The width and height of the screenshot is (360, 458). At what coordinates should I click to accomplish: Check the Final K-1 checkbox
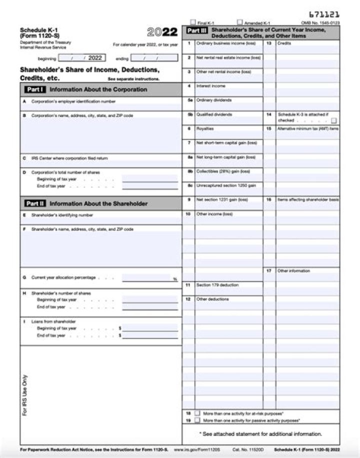tap(193, 22)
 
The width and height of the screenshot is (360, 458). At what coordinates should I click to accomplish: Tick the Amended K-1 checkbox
tap(240, 22)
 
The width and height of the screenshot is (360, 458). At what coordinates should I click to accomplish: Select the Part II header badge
tap(35, 203)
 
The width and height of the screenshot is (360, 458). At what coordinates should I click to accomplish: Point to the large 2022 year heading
tap(162, 32)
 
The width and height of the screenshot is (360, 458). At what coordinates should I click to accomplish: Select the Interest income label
tap(210, 86)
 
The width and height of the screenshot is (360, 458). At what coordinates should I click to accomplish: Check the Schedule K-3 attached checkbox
tap(333, 120)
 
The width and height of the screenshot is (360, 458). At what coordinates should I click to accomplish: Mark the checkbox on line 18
tap(197, 413)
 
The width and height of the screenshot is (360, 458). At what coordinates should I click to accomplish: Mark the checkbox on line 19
tap(197, 420)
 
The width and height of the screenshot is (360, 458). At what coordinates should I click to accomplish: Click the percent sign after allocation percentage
tap(175, 279)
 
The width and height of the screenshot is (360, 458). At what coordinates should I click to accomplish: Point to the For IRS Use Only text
tap(25, 395)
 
